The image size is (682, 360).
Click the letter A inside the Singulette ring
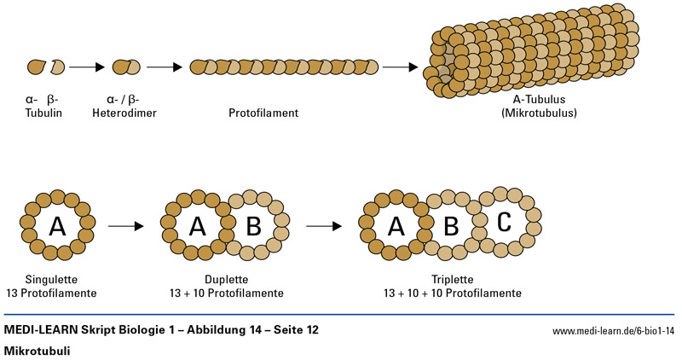[x=57, y=226]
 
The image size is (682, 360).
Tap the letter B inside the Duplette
[x=253, y=226]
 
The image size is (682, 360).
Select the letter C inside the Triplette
[x=504, y=222]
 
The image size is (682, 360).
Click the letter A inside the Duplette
[x=197, y=226]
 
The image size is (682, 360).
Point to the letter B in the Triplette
[x=452, y=227]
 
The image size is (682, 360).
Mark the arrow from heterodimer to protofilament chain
[x=165, y=66]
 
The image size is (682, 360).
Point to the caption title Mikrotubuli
[x=37, y=351]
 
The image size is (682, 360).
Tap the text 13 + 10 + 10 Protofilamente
[x=452, y=293]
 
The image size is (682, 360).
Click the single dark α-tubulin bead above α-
[x=36, y=66]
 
